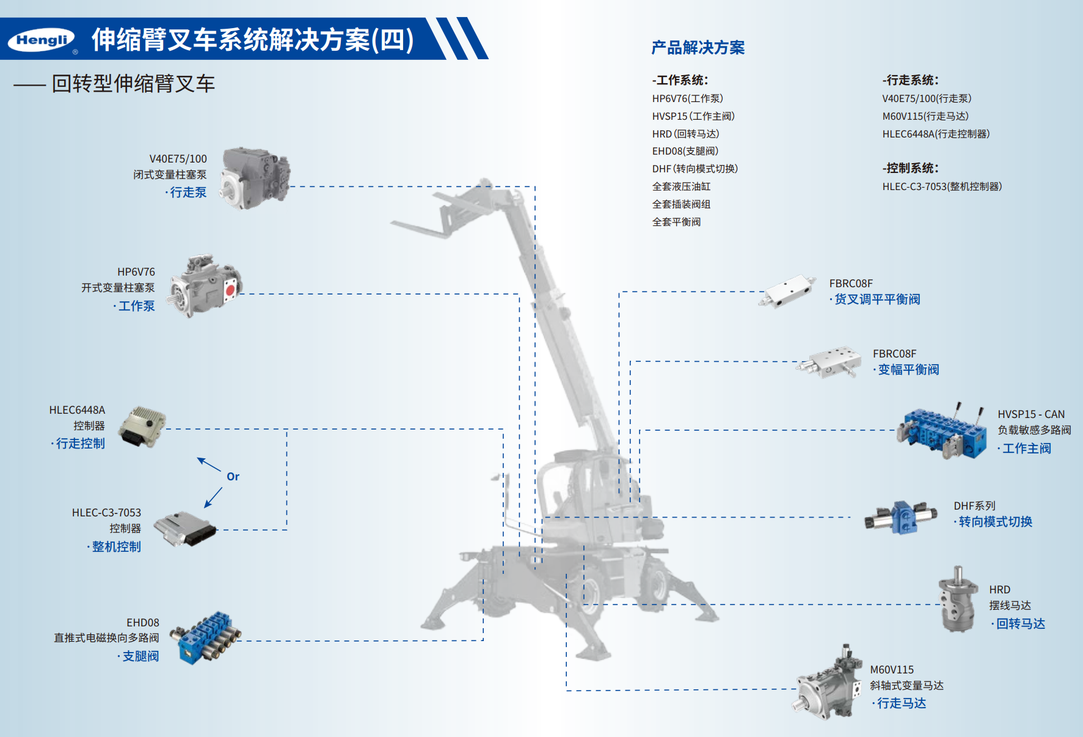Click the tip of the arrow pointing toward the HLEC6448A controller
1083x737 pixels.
tap(197, 458)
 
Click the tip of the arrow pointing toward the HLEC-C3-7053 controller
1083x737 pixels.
tap(205, 507)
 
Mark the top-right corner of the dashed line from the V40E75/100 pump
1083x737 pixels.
tap(535, 186)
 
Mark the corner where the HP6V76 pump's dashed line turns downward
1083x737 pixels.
tap(519, 294)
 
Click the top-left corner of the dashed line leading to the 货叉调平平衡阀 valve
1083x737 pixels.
tap(619, 292)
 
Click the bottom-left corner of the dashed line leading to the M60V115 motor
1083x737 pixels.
tap(566, 691)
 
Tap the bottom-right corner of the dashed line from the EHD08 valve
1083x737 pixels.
tap(483, 640)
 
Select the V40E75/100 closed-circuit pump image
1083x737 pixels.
tap(255, 177)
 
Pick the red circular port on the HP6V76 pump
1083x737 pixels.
tap(230, 290)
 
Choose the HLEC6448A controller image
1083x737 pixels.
tap(142, 427)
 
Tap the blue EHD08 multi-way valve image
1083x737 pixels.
tap(205, 637)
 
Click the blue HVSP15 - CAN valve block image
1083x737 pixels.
tap(941, 431)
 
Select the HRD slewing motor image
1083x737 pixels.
tap(958, 599)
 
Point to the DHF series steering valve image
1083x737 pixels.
tap(901, 517)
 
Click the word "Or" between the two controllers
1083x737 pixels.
tap(233, 477)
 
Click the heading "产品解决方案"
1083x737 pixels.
tap(698, 48)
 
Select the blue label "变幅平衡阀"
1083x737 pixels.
tap(908, 370)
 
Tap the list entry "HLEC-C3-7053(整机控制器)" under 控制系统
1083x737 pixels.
tap(942, 186)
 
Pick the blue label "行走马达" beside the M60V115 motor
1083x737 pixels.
tap(902, 703)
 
